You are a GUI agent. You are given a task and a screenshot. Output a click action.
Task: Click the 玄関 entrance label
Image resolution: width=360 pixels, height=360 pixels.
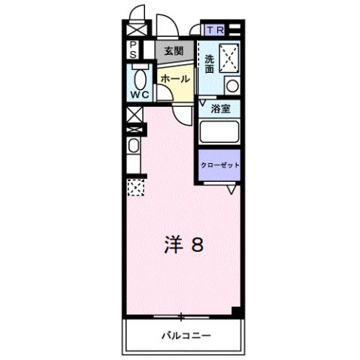point(174,50)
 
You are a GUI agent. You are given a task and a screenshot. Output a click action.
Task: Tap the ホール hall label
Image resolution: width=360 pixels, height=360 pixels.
point(174,78)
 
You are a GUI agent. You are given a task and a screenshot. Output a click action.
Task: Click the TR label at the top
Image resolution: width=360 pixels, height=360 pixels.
point(216,30)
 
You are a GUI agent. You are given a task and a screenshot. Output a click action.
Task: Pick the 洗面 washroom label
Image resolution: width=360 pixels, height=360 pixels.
point(209,62)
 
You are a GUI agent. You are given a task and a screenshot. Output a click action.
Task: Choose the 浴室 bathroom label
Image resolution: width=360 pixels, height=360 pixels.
point(219,108)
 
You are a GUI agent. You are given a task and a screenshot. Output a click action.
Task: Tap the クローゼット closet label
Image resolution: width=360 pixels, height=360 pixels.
point(219,165)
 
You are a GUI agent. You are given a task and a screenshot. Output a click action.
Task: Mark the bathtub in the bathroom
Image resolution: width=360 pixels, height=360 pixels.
point(218,134)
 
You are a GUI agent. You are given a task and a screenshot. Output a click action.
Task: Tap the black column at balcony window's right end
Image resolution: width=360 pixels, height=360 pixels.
point(237,311)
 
